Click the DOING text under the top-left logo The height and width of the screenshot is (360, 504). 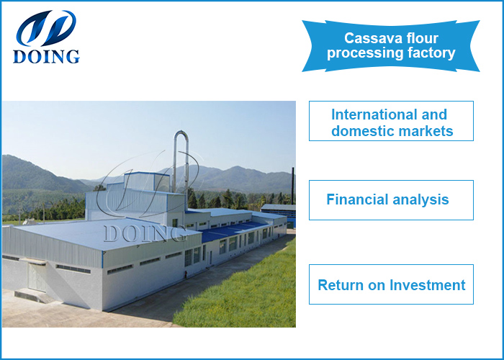pos(45,56)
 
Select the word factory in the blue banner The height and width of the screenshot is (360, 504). pos(430,53)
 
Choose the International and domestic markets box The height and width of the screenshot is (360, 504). pos(391,121)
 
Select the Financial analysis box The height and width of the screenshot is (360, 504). pos(391,199)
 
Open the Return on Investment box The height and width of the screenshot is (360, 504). pos(391,284)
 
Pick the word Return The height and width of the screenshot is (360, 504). pos(341,284)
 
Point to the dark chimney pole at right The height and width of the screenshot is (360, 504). pos(292,186)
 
